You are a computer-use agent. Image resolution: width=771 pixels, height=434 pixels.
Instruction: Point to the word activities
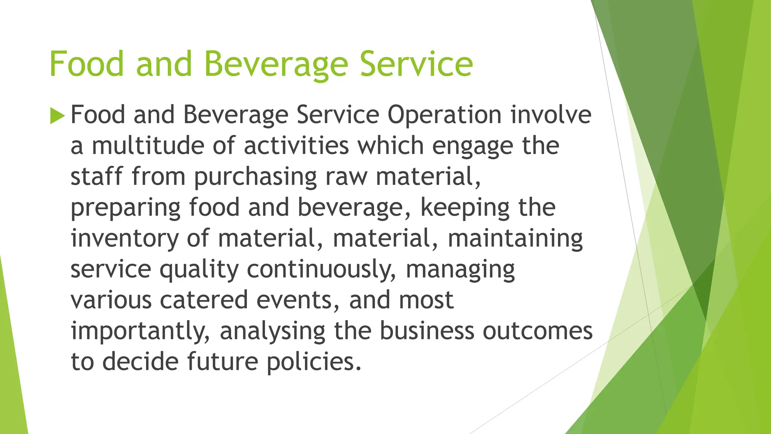tap(296, 145)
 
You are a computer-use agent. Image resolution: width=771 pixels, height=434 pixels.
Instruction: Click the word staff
tap(96, 176)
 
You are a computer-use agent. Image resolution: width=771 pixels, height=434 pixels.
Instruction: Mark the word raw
tap(346, 177)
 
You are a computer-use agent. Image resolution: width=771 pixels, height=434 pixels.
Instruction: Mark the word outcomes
tap(538, 331)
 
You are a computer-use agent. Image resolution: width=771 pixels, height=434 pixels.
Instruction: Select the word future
tap(222, 362)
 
